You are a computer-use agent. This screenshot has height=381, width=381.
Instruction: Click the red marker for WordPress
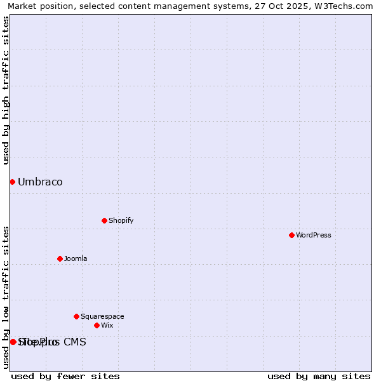click(x=291, y=235)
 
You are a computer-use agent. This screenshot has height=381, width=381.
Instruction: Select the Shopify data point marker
click(x=104, y=220)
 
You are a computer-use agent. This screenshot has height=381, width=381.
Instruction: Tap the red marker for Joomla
click(x=60, y=258)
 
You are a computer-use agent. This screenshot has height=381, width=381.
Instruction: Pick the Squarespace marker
click(x=76, y=316)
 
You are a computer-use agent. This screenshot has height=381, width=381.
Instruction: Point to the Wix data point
click(x=97, y=325)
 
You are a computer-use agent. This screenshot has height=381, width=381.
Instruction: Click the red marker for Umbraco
click(x=12, y=182)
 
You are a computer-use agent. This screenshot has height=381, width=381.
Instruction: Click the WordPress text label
click(x=314, y=235)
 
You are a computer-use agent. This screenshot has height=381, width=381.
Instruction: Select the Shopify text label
click(x=121, y=220)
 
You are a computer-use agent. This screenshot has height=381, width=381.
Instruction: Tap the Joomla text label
click(x=76, y=258)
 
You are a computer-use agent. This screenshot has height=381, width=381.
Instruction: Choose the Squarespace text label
click(x=102, y=316)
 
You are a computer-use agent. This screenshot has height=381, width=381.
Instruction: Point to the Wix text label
click(x=107, y=325)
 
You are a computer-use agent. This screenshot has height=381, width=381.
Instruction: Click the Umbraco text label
click(x=40, y=182)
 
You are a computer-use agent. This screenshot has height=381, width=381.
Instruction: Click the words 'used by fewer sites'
click(x=65, y=376)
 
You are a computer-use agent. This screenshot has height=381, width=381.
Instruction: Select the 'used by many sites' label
click(x=319, y=376)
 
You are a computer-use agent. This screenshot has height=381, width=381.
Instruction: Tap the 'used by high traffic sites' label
click(x=6, y=90)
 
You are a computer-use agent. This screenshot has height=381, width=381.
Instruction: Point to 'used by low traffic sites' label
click(x=6, y=297)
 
